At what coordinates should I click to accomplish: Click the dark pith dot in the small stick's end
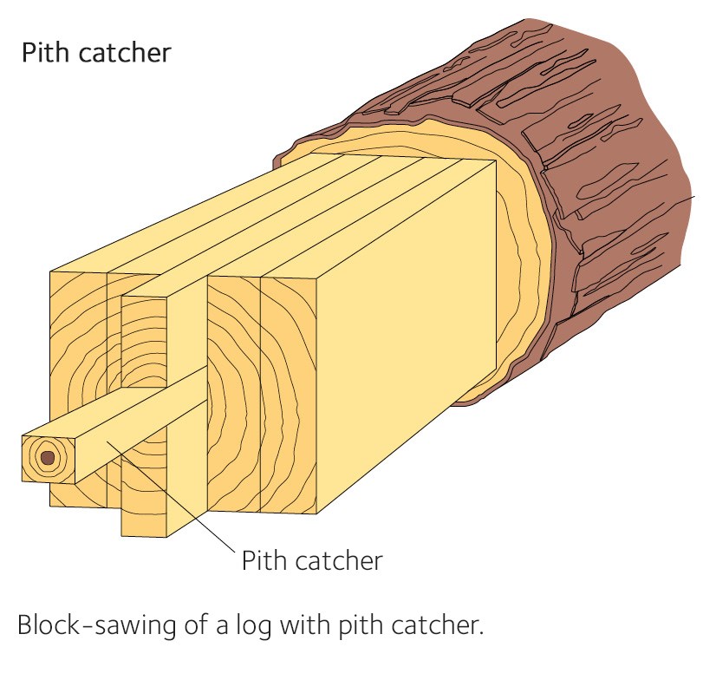coord(48,457)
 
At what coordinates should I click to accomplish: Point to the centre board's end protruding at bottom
coord(143,512)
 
